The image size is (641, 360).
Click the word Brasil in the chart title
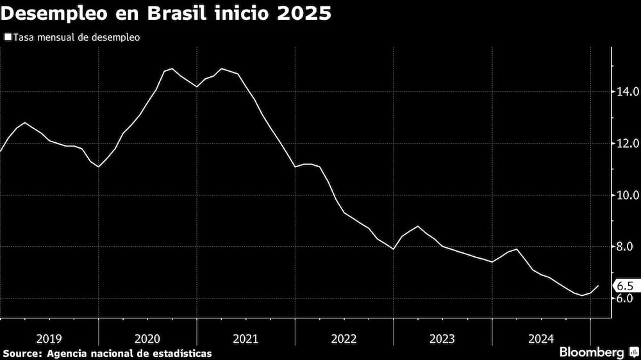click(x=179, y=14)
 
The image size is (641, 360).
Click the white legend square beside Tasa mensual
click(x=7, y=37)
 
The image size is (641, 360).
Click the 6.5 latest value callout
click(x=626, y=286)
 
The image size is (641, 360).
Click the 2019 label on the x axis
click(x=49, y=338)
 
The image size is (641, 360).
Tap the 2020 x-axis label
click(x=147, y=338)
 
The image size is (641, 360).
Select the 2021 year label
click(x=246, y=338)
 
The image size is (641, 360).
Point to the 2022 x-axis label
click(x=344, y=338)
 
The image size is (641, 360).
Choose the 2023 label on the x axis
click(x=442, y=338)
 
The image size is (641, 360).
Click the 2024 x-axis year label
click(x=540, y=338)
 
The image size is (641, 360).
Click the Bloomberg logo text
click(x=592, y=352)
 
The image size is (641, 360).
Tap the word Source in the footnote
click(x=21, y=353)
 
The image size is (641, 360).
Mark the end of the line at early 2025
click(x=599, y=286)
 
